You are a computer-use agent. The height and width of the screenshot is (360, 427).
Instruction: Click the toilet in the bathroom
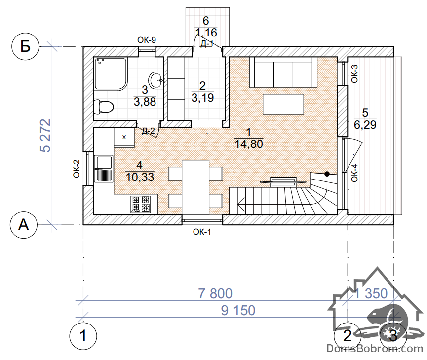(x=103, y=107)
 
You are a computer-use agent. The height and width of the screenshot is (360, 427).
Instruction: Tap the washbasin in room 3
(x=156, y=80)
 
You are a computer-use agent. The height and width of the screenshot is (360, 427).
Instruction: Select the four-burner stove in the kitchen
(x=141, y=204)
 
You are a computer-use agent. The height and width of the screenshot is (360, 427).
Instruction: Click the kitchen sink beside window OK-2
(x=104, y=169)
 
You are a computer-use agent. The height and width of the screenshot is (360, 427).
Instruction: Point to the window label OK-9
(x=147, y=40)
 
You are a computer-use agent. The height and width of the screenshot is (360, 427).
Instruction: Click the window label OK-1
(x=202, y=232)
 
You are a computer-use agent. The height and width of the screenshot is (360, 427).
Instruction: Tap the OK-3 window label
(x=354, y=73)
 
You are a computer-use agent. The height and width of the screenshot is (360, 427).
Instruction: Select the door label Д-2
(x=148, y=132)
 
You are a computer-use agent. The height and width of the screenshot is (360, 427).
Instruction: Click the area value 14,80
(x=249, y=144)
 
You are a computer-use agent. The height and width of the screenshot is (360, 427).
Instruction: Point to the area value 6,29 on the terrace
(x=365, y=125)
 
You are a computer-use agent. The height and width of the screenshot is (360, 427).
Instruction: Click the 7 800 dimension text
(x=215, y=293)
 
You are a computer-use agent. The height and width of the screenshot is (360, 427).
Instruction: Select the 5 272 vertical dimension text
(x=45, y=135)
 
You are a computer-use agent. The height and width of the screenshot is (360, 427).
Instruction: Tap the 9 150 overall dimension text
(x=238, y=311)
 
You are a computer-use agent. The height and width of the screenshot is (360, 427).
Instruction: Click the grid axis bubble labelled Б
(x=26, y=46)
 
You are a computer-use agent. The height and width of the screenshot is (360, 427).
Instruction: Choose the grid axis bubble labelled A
(x=24, y=225)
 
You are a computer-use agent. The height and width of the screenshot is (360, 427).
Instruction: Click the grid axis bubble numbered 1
(x=83, y=335)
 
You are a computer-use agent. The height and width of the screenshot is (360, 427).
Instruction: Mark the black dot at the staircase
(x=327, y=174)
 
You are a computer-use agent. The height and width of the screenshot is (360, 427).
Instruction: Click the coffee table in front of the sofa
(x=283, y=104)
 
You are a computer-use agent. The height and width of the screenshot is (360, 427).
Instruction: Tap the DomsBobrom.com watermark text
(x=375, y=348)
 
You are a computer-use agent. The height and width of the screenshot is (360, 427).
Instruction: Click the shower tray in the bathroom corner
(x=111, y=73)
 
